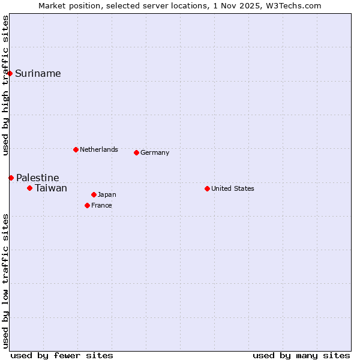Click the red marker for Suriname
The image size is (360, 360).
pyautogui.click(x=10, y=73)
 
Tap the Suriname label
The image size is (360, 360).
pyautogui.click(x=38, y=74)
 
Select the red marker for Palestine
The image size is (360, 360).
pyautogui.click(x=11, y=178)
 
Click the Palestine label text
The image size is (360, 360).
pyautogui.click(x=37, y=178)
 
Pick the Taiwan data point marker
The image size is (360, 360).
pyautogui.click(x=29, y=188)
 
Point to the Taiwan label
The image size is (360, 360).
pyautogui.click(x=50, y=188)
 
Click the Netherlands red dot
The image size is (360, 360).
pyautogui.click(x=76, y=149)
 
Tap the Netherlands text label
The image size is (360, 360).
pyautogui.click(x=98, y=149)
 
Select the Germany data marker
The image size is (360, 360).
pyautogui.click(x=136, y=152)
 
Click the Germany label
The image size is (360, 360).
pyautogui.click(x=155, y=153)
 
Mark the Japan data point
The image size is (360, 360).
pyautogui.click(x=94, y=194)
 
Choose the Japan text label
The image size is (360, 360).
pyautogui.click(x=107, y=195)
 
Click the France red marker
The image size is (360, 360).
pyautogui.click(x=87, y=205)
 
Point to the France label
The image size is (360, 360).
pyautogui.click(x=101, y=206)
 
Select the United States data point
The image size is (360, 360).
pyautogui.click(x=207, y=188)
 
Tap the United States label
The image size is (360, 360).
pyautogui.click(x=232, y=189)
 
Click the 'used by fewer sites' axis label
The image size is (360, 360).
pyautogui.click(x=62, y=355)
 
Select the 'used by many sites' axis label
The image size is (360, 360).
pyautogui.click(x=301, y=355)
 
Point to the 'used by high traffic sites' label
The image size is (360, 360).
pyautogui.click(x=5, y=85)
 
